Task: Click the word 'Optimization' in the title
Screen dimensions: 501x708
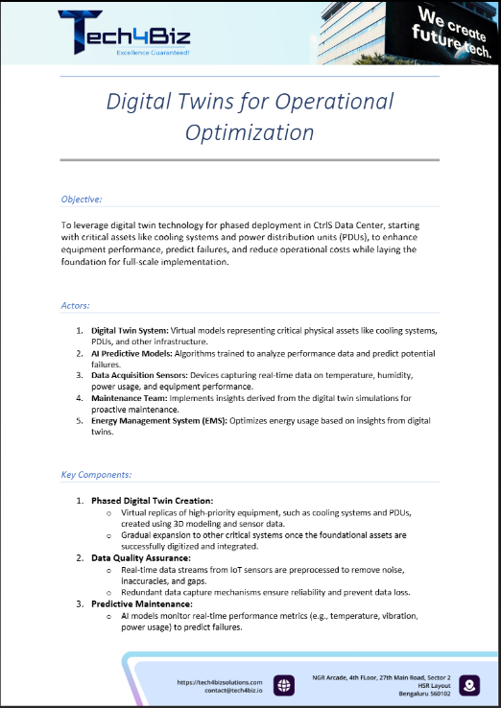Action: [x=250, y=130]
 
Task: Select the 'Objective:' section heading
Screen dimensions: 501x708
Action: [x=82, y=200]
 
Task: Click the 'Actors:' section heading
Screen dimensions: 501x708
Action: [x=76, y=305]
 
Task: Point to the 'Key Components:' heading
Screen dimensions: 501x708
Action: [x=97, y=474]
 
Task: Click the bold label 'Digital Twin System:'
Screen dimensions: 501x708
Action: [x=130, y=330]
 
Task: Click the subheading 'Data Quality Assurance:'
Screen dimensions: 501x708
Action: [x=141, y=557]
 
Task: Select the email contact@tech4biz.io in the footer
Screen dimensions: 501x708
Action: [x=228, y=690]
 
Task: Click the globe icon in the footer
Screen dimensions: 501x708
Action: [x=284, y=685]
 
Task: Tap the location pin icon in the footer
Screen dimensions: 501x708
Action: [x=469, y=685]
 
